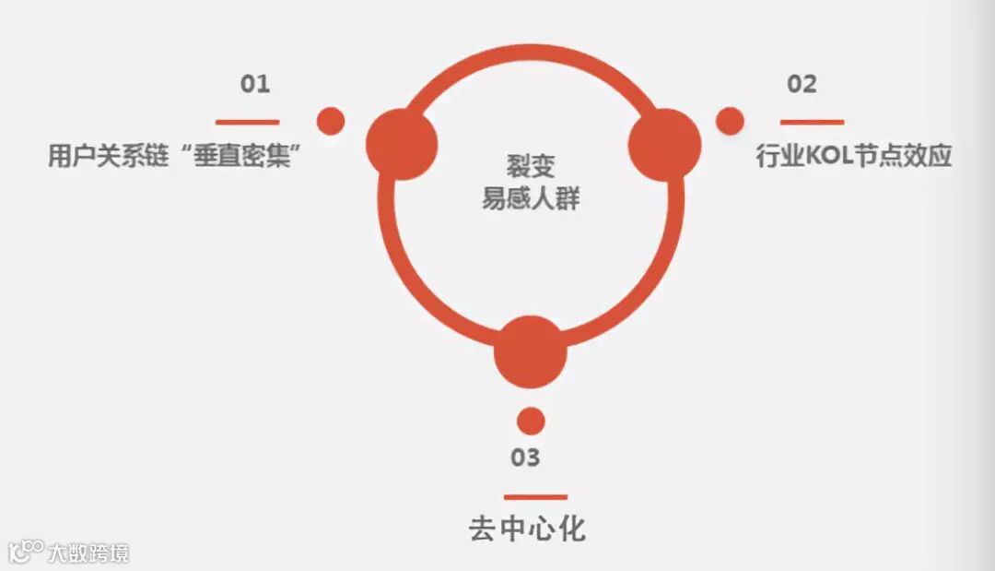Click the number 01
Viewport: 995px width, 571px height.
point(255,84)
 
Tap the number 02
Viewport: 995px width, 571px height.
point(802,84)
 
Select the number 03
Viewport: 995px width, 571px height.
point(525,458)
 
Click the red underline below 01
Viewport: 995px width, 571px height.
point(247,122)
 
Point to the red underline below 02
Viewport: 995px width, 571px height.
point(812,122)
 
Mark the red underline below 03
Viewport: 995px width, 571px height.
point(535,497)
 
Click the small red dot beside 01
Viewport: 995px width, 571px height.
point(330,121)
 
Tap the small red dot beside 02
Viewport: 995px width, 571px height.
point(730,121)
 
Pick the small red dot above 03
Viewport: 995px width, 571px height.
point(531,421)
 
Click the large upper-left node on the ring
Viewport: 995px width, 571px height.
point(402,144)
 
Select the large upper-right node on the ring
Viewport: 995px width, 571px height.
point(664,144)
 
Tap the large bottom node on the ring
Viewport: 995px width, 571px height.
point(530,352)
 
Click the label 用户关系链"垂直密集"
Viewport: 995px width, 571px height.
point(176,156)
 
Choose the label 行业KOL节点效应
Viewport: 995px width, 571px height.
point(853,156)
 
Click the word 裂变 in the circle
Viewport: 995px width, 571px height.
point(531,166)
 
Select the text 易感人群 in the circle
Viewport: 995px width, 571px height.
point(531,197)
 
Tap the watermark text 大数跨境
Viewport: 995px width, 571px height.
point(90,553)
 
